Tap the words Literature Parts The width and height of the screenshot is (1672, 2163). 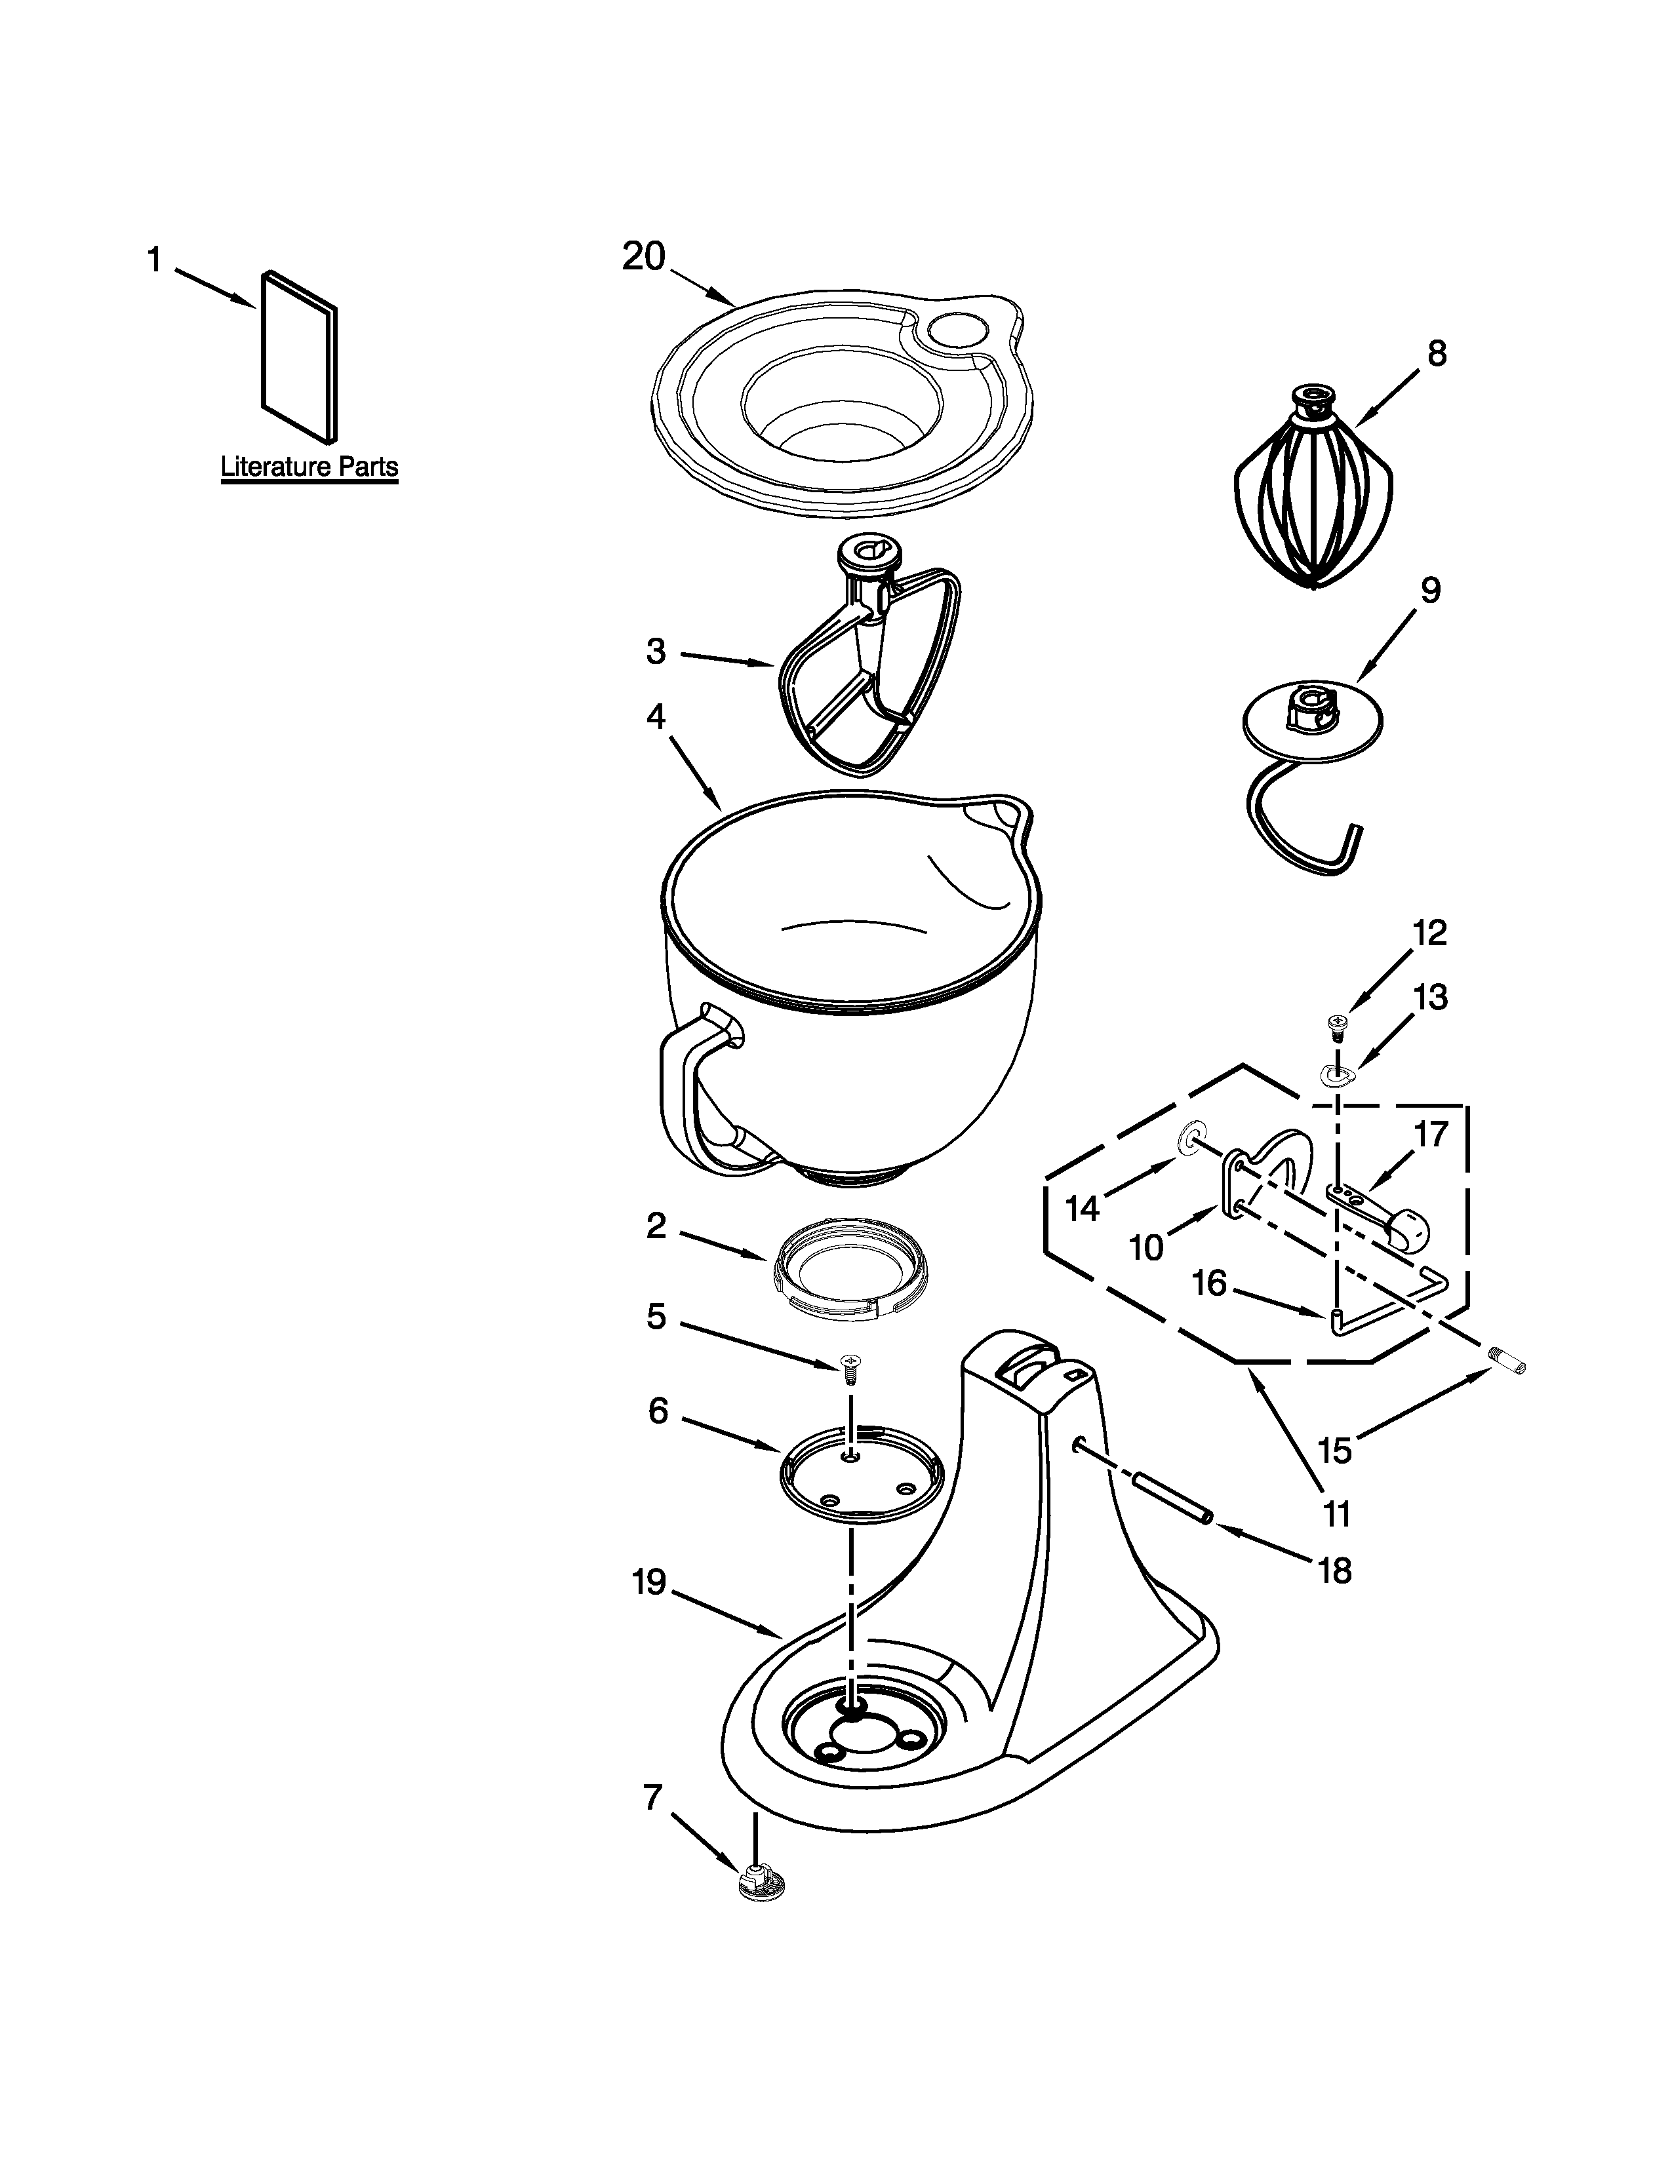tap(309, 467)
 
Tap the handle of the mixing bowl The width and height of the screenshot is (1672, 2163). tap(683, 1099)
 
